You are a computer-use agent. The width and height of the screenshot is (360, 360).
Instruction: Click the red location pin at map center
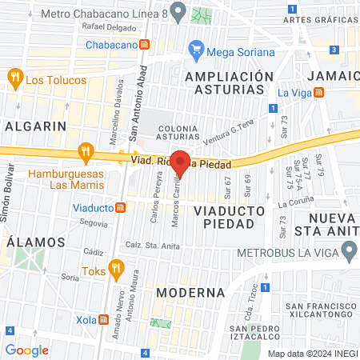click(180, 162)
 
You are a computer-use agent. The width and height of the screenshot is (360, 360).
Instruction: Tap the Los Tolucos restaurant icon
click(14, 78)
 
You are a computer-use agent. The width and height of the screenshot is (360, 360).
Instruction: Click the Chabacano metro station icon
click(144, 46)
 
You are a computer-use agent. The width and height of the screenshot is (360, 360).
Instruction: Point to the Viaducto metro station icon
click(121, 208)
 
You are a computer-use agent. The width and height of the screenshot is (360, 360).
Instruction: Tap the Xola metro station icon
click(103, 318)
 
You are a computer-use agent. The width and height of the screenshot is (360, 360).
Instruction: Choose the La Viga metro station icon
click(319, 92)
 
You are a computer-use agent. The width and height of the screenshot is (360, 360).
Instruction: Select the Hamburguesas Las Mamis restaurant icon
click(86, 150)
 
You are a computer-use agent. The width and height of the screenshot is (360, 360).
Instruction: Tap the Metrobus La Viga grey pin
click(348, 254)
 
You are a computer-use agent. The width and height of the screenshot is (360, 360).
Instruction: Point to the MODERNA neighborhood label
click(187, 292)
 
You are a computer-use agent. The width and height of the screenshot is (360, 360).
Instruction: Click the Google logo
click(26, 350)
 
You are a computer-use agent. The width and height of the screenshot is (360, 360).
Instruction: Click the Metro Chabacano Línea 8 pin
click(178, 13)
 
